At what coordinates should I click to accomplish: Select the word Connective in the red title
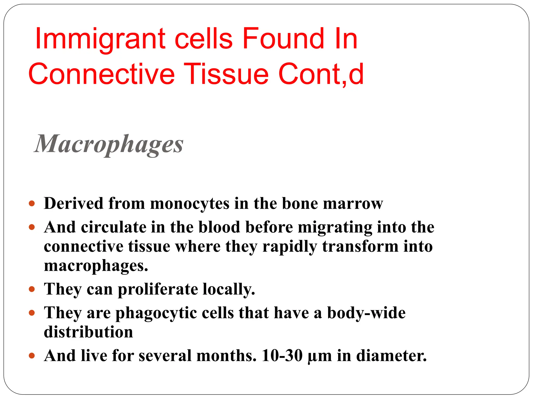pos(101,74)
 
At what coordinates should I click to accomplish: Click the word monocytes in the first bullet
pos(190,203)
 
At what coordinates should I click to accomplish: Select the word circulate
pos(114,227)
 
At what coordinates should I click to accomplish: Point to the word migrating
pos(335,228)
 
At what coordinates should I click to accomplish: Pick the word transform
pos(360,246)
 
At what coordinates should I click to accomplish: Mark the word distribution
pos(88,332)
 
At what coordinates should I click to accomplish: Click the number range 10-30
pos(282,356)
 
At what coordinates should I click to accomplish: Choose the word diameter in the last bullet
pos(391,356)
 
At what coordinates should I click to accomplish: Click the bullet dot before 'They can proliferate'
pos(32,289)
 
